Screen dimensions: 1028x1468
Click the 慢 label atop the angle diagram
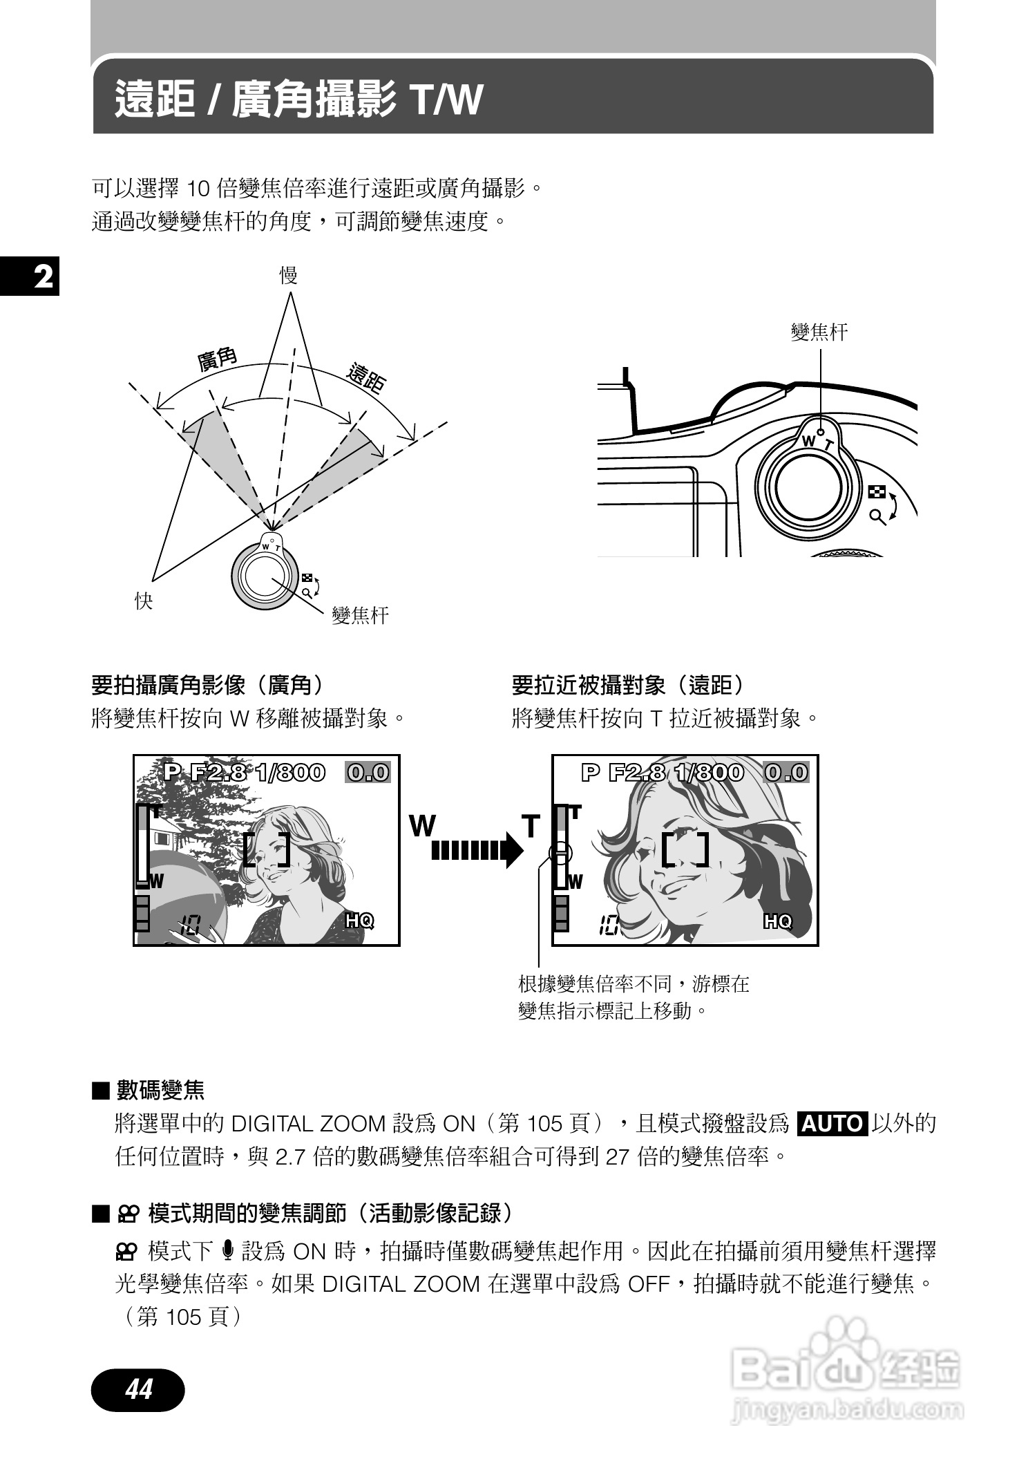pos(288,276)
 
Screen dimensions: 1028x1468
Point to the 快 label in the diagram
pos(143,601)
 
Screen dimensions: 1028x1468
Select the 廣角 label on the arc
pos(217,359)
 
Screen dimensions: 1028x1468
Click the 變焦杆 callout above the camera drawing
pos(819,332)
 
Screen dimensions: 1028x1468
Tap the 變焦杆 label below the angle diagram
pos(360,615)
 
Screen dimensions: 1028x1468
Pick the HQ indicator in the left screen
pos(359,921)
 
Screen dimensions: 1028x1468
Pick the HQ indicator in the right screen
pos(778,921)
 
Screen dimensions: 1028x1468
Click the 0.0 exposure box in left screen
pos(368,772)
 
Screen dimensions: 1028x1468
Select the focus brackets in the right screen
pos(685,849)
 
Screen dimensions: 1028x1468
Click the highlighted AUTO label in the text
pos(832,1124)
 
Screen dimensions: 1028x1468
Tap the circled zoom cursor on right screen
pos(560,852)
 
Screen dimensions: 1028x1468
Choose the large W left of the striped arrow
pos(422,825)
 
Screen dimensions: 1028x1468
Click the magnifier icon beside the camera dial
pos(878,516)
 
